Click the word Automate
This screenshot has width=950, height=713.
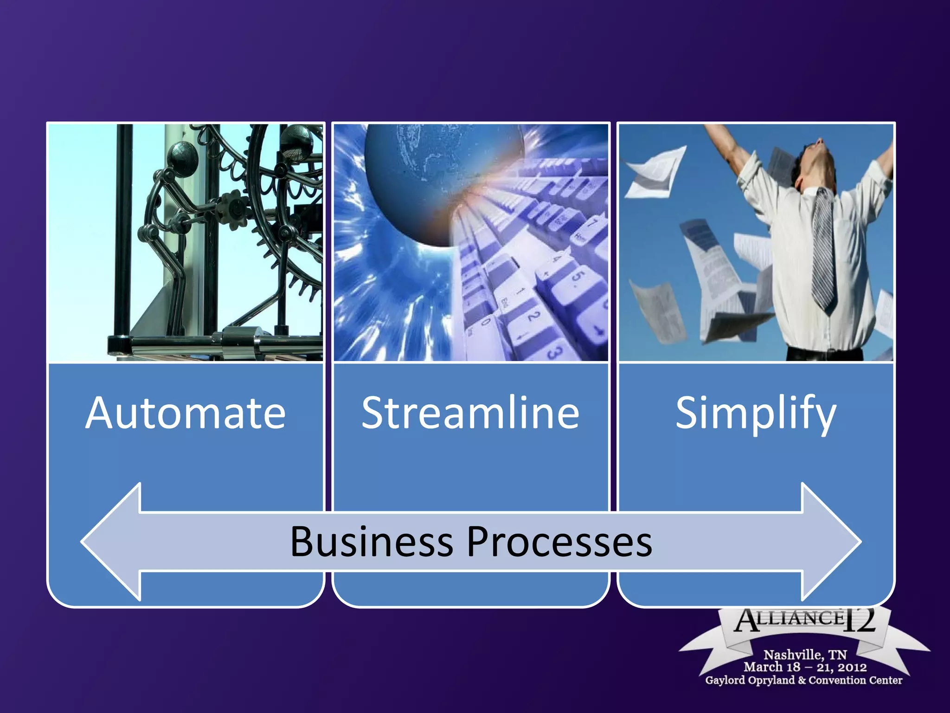click(x=186, y=413)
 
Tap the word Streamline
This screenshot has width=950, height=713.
click(x=470, y=413)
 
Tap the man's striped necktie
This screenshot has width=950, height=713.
click(x=824, y=251)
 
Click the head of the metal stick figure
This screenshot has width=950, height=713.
click(x=182, y=157)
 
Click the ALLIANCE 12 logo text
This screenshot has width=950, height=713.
click(x=805, y=620)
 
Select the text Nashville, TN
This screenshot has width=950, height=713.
click(x=805, y=655)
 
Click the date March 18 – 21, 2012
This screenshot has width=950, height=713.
click(x=805, y=667)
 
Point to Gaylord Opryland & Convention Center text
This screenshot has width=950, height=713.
click(x=803, y=680)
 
